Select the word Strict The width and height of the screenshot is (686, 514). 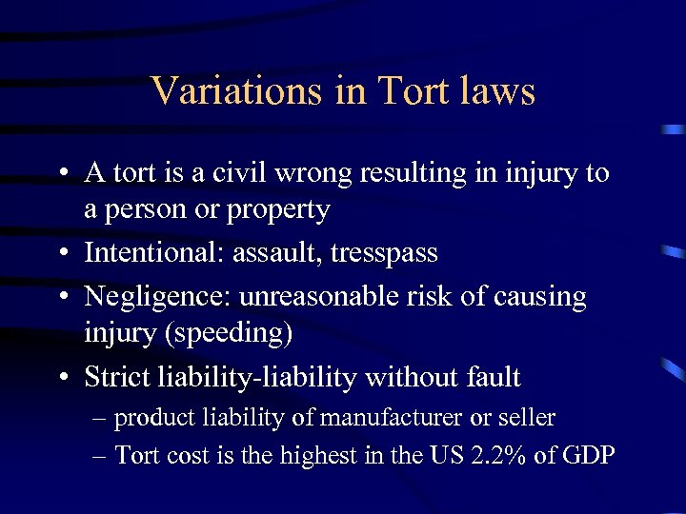[x=118, y=377]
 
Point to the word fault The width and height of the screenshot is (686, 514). [x=489, y=377]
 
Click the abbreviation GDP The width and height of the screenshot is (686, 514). [x=588, y=455]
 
